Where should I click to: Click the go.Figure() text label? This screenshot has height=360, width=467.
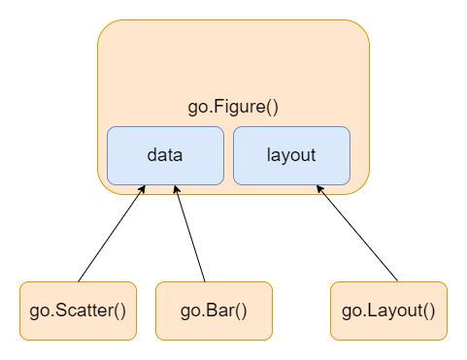(233, 107)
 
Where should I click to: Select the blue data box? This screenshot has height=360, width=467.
(165, 155)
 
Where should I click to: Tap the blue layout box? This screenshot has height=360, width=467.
(291, 155)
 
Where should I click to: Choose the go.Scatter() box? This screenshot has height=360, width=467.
(78, 311)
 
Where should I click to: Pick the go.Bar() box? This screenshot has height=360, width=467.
(214, 311)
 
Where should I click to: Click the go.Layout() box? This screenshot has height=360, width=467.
(388, 311)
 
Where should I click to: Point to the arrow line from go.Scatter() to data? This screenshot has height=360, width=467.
(112, 234)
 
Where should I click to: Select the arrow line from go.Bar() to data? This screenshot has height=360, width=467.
(190, 234)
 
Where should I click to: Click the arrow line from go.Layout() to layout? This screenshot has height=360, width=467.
(357, 234)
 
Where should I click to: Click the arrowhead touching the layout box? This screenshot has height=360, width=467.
(320, 189)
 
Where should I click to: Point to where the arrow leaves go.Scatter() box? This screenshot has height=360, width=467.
(79, 281)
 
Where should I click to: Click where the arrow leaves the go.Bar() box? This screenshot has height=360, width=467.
(204, 281)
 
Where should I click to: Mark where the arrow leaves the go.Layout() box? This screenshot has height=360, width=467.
(398, 281)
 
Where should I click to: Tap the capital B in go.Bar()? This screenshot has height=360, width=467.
(205, 311)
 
